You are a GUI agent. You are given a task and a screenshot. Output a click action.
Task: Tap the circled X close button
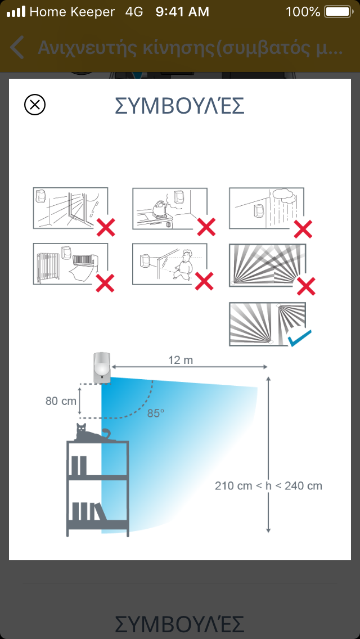coord(35,105)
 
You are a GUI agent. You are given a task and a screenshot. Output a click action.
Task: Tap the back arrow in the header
coord(17,47)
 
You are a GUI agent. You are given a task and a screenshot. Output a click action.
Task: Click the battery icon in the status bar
coord(339,12)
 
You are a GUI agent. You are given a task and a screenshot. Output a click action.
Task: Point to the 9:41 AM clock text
coord(182,12)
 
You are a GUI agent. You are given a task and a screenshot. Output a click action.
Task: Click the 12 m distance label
coord(181,360)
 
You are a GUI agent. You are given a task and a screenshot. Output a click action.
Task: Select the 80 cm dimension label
coord(61,400)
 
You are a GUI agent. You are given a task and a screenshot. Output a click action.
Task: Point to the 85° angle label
coord(156,413)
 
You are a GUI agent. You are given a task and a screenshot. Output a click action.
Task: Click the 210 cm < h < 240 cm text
coord(269,486)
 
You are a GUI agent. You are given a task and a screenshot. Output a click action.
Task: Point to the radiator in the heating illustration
coord(48,267)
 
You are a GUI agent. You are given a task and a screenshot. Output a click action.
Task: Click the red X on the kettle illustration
coord(206,227)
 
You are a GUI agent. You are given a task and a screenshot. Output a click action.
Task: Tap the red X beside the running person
coord(204,281)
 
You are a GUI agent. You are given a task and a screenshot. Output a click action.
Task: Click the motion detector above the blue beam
coord(101,368)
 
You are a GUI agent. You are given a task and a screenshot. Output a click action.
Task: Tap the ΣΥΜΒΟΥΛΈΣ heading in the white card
coord(179,106)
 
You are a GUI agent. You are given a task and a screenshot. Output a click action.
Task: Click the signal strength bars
coord(16,12)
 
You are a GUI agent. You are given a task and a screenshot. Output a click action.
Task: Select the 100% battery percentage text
coord(303,12)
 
